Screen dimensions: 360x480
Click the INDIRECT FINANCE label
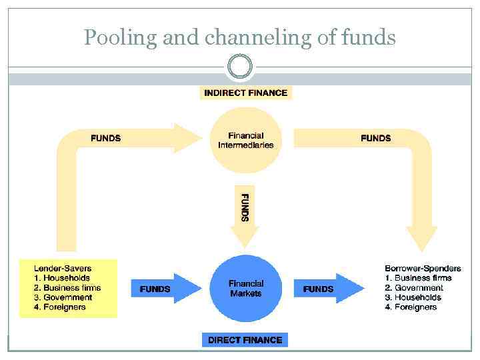(246, 93)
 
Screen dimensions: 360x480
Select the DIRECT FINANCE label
(245, 340)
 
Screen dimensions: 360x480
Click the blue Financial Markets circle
(245, 288)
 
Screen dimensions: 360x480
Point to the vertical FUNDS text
(245, 207)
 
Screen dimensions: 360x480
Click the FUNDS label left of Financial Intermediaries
(105, 138)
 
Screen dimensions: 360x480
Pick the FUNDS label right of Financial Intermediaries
(375, 138)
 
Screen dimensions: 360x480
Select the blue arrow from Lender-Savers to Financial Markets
(167, 289)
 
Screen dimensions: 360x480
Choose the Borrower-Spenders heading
(423, 269)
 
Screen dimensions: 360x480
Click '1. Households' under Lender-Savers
(61, 278)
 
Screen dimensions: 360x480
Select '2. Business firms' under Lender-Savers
(67, 288)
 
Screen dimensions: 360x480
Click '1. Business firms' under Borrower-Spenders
(418, 278)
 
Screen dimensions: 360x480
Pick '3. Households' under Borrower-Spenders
(413, 297)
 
